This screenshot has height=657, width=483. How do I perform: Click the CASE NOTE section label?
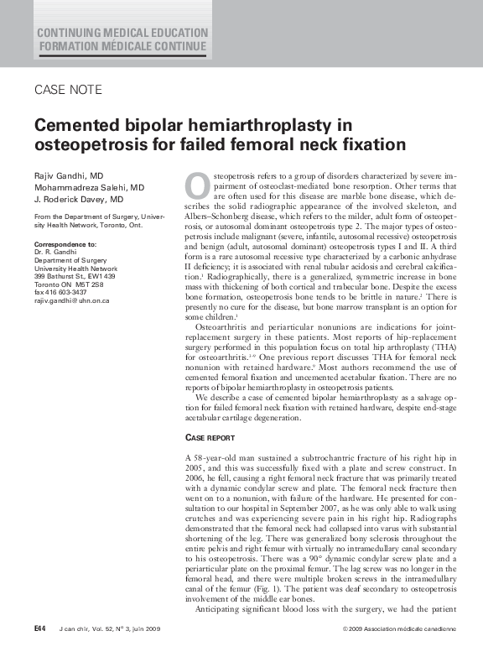click(x=68, y=90)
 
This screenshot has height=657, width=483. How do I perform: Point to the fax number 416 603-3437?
click(x=67, y=292)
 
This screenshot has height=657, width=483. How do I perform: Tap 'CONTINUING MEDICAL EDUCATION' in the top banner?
click(x=122, y=33)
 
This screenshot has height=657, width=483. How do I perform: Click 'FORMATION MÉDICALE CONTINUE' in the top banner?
click(x=122, y=46)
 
